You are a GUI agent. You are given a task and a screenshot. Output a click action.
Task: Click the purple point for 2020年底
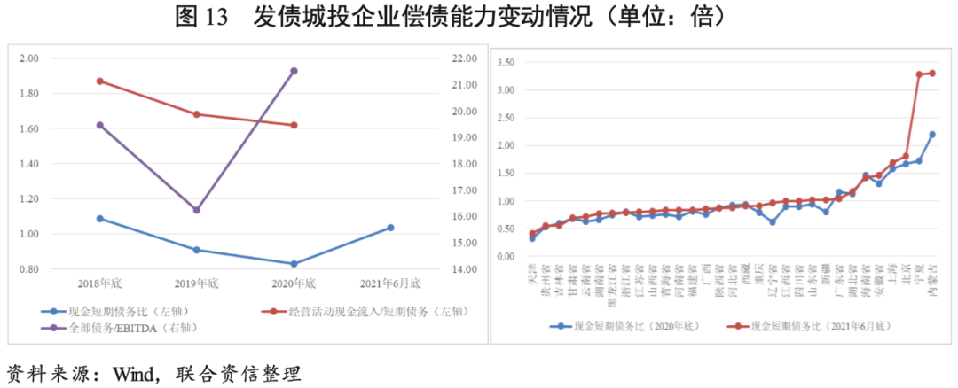294,71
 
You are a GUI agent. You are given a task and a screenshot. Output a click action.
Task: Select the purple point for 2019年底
197,210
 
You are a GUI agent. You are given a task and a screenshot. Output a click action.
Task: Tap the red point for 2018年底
100,81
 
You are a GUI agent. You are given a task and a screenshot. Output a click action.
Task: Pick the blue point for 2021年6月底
390,228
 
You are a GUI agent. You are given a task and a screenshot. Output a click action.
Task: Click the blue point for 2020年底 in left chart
294,264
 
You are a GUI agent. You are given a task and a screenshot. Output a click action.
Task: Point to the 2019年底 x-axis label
197,283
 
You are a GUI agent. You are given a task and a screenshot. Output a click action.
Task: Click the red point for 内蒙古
932,74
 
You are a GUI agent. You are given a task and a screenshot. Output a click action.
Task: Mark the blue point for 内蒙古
932,135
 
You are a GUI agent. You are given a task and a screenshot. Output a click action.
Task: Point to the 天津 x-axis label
532,271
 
